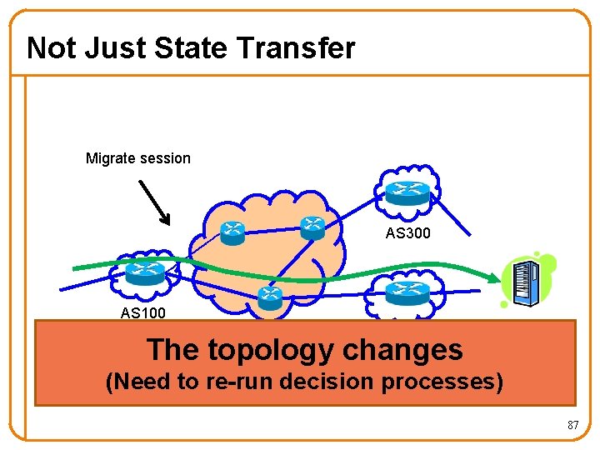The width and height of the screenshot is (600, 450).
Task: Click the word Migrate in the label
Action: click(x=111, y=158)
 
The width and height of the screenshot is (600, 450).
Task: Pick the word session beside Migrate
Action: click(x=165, y=158)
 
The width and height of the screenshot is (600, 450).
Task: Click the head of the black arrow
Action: click(x=167, y=221)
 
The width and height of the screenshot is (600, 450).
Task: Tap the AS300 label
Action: click(x=408, y=234)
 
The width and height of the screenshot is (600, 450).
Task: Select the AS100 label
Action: click(x=143, y=313)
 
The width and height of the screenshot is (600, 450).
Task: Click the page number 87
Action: click(x=572, y=426)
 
